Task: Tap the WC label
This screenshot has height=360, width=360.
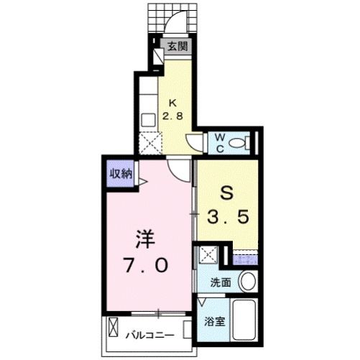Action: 217,140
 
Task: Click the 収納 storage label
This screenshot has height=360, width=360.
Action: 120,173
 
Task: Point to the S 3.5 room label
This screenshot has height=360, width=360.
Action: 229,205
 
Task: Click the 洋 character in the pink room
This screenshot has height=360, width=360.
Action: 145,239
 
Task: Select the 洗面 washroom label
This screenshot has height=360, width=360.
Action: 220,283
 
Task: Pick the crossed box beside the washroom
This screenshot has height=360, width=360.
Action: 208,255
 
